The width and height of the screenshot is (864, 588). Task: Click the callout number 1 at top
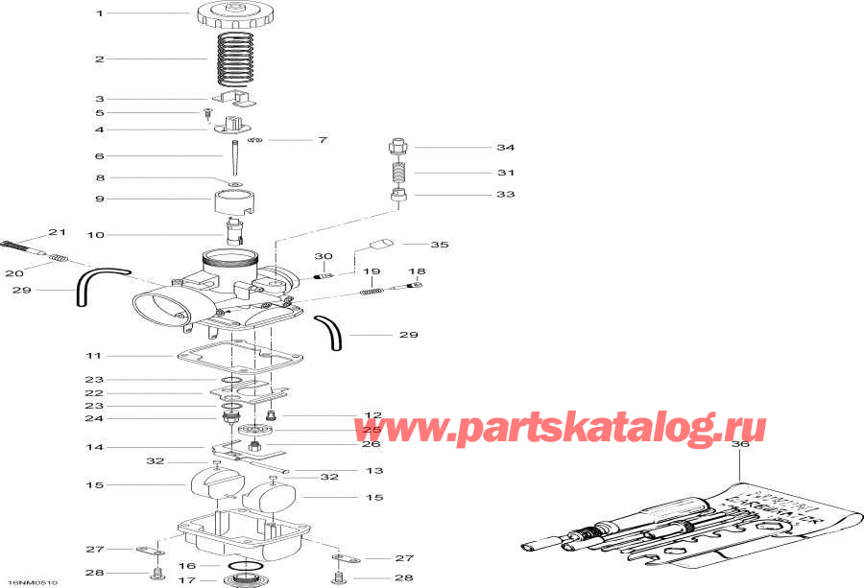click(98, 13)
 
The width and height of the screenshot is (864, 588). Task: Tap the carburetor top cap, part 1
click(230, 15)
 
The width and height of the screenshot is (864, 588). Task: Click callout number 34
click(505, 148)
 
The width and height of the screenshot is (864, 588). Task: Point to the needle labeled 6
click(234, 154)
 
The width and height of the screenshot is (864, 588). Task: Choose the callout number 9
click(98, 200)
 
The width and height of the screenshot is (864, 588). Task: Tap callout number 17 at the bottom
click(188, 579)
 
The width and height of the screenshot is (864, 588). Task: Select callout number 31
click(505, 173)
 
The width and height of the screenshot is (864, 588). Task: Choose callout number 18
click(417, 271)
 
